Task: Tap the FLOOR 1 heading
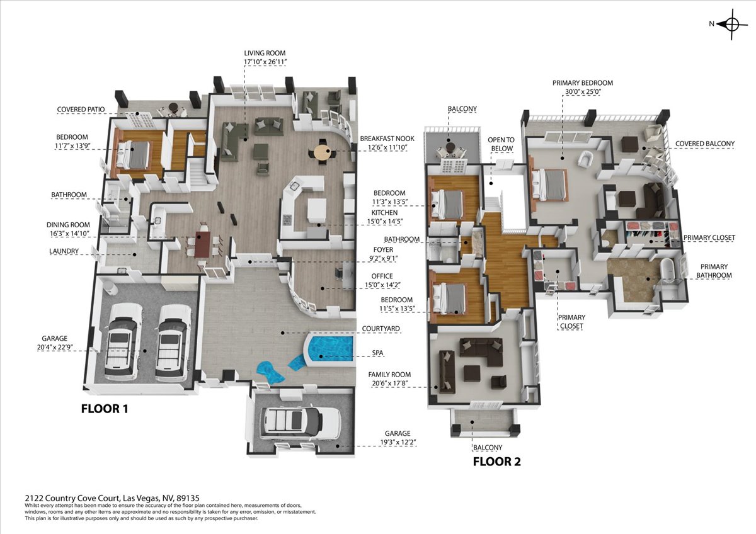click(x=105, y=409)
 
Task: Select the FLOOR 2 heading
click(x=497, y=462)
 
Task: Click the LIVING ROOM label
click(x=265, y=53)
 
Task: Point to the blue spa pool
click(x=330, y=351)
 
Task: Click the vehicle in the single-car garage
click(x=301, y=423)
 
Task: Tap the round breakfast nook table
click(x=323, y=153)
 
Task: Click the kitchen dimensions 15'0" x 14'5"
click(x=385, y=222)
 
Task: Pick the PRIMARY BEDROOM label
click(x=583, y=82)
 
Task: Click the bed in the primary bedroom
click(x=549, y=185)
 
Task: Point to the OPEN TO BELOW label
click(x=501, y=144)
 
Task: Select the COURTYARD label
click(x=381, y=329)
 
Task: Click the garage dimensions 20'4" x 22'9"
click(x=55, y=347)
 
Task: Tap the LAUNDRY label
click(x=64, y=251)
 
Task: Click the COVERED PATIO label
click(x=81, y=110)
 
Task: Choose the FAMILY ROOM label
click(x=389, y=375)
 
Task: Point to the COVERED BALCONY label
click(x=705, y=144)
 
